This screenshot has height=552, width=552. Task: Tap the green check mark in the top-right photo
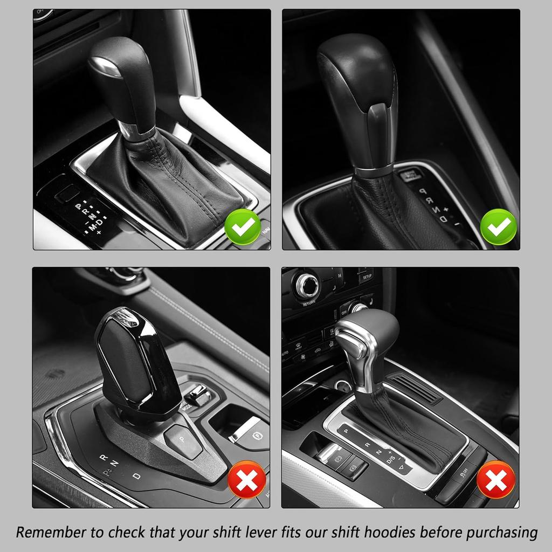click(x=498, y=227)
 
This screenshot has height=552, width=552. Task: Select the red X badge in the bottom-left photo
click(x=247, y=481)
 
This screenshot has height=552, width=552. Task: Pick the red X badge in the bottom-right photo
click(x=495, y=480)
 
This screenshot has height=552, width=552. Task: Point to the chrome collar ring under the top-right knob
click(x=373, y=172)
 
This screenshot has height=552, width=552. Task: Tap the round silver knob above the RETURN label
click(x=308, y=285)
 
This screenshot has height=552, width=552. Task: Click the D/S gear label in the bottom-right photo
click(x=391, y=459)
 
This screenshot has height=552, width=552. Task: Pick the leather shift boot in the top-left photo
click(x=167, y=183)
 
